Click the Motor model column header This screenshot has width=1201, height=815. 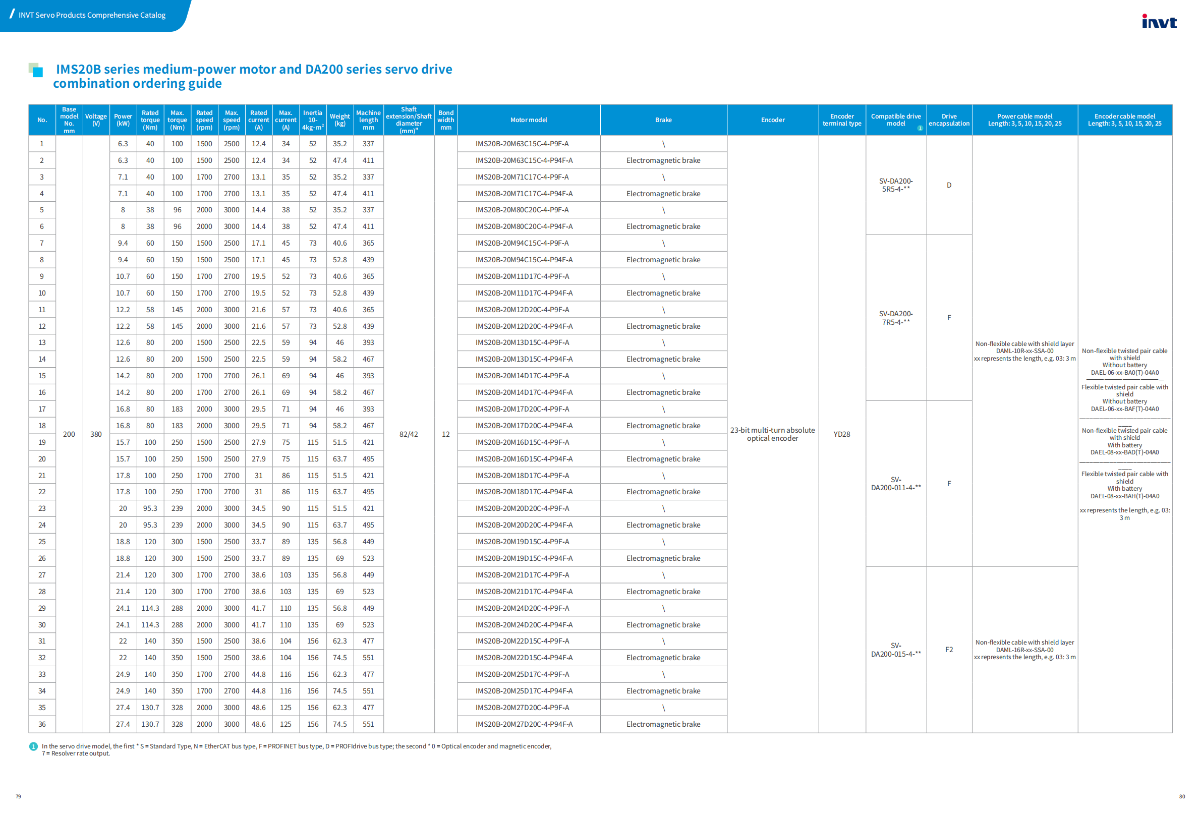click(528, 120)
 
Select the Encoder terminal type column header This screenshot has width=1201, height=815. click(841, 120)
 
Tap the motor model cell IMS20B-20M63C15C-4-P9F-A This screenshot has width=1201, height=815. click(522, 144)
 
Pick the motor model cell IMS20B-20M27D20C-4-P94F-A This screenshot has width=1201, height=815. click(524, 724)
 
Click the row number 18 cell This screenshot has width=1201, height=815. click(42, 425)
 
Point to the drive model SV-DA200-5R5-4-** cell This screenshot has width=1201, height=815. click(896, 185)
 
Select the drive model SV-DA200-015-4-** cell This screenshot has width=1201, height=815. click(896, 650)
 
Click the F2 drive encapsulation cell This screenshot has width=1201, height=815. click(949, 650)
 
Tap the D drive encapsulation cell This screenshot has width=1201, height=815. click(949, 185)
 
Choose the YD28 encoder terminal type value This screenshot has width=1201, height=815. click(841, 434)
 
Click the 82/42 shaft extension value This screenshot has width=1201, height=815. click(408, 434)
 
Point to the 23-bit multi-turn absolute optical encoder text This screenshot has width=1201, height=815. click(772, 434)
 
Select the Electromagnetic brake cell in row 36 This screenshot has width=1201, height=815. click(663, 724)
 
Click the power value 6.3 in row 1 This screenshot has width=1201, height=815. click(123, 144)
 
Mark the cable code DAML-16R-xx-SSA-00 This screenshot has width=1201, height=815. click(1024, 650)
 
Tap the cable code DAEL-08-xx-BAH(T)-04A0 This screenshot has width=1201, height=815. click(1124, 496)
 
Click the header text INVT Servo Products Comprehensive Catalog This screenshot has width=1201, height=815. click(92, 15)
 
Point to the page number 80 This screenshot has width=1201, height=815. click(1182, 796)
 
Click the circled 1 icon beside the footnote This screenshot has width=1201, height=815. click(34, 746)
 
